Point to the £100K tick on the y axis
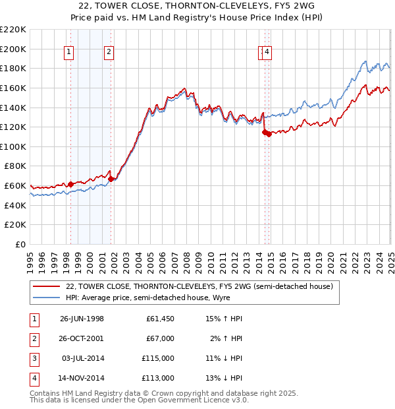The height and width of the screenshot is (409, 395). pyautogui.click(x=13, y=146)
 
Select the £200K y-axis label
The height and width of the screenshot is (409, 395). pyautogui.click(x=13, y=49)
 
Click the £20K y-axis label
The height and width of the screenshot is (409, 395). pyautogui.click(x=15, y=225)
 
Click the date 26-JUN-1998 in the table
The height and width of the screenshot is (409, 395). pyautogui.click(x=82, y=319)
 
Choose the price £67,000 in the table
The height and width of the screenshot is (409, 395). pyautogui.click(x=160, y=338)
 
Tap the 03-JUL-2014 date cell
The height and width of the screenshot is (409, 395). pyautogui.click(x=82, y=358)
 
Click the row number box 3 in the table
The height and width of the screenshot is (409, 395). pyautogui.click(x=33, y=358)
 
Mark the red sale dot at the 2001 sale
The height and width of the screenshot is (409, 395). pyautogui.click(x=111, y=178)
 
